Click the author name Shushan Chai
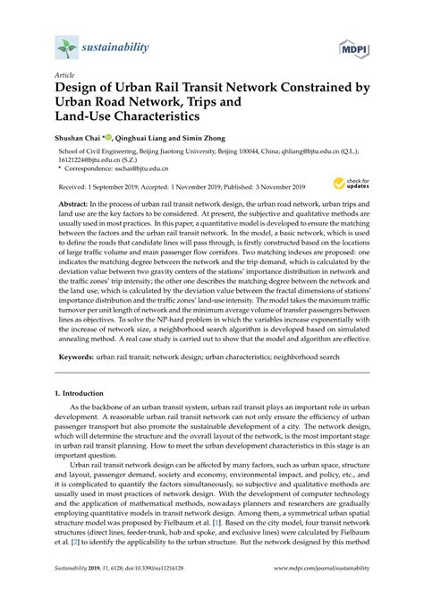(x=80, y=138)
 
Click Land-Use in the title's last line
(x=89, y=116)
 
